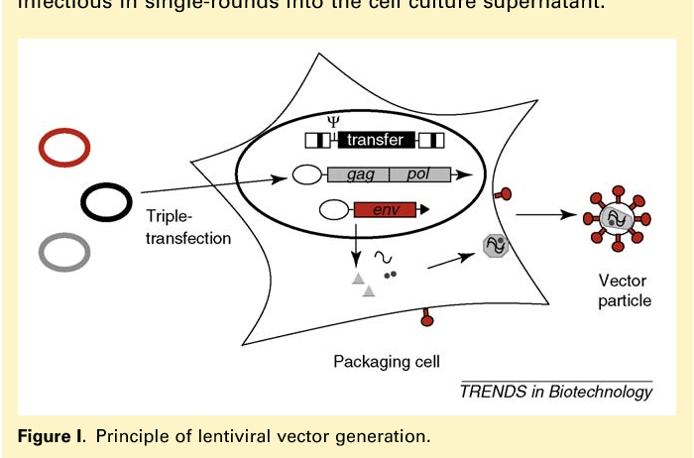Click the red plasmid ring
coord(64,148)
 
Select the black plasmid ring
coord(106,202)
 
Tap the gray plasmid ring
coord(64,253)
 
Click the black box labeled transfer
coord(375,140)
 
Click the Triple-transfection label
coord(188,227)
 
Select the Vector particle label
coord(625,290)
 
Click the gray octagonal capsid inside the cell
coord(495,244)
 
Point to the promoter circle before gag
coord(305,175)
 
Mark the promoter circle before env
coord(333,209)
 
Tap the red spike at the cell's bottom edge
coord(427,317)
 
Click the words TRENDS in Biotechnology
coord(556,391)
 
